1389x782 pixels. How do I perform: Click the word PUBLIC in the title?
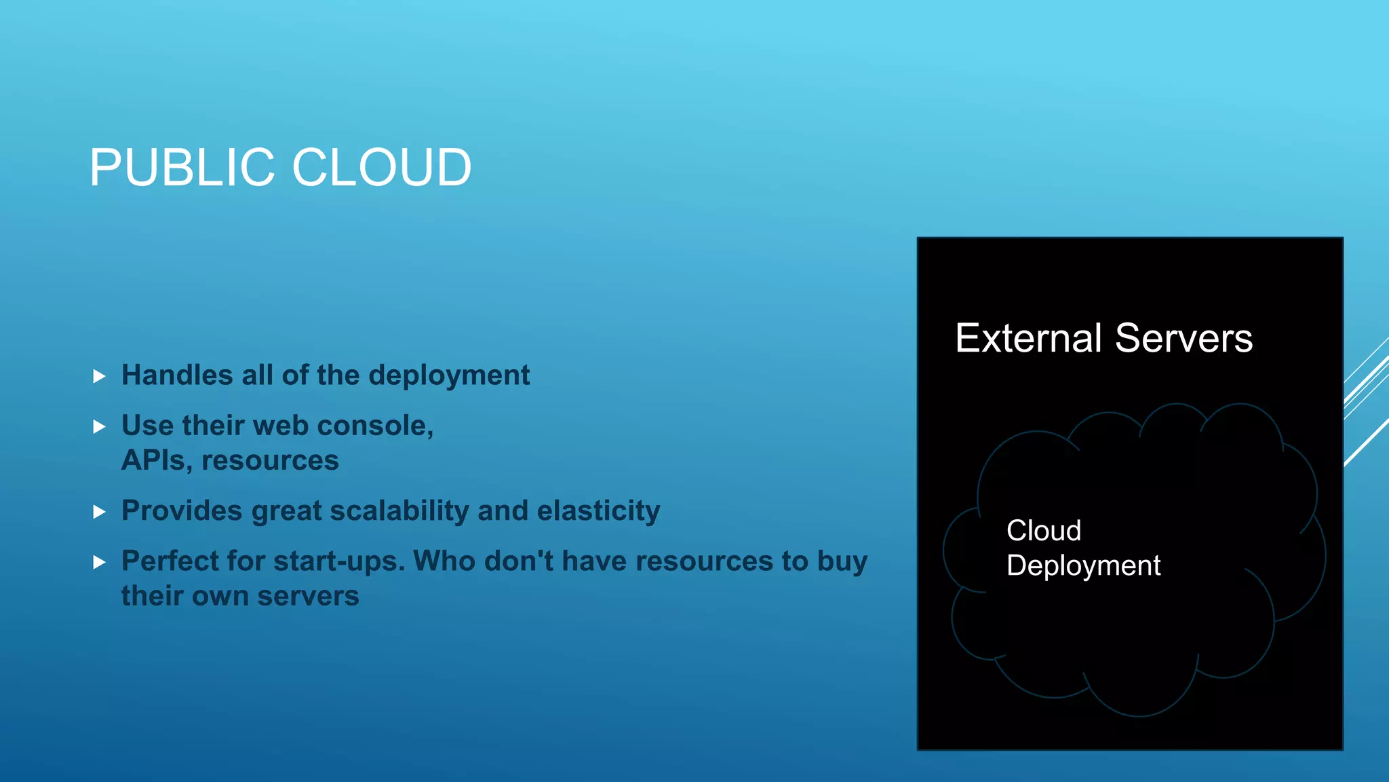(182, 168)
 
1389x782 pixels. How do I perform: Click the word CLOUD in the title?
(382, 168)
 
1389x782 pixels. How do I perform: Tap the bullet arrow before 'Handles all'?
(99, 376)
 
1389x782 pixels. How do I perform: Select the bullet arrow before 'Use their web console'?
(99, 427)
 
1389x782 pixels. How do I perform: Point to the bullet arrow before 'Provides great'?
(99, 512)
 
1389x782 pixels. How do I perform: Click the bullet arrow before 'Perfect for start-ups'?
(99, 562)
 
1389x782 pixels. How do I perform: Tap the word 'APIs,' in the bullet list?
(157, 461)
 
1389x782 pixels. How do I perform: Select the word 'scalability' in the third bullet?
(399, 511)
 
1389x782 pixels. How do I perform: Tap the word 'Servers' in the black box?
(1183, 338)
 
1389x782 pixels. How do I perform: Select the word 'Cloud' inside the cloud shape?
(1044, 531)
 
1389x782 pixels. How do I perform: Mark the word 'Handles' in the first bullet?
(177, 375)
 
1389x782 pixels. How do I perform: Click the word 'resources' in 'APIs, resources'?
(270, 461)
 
